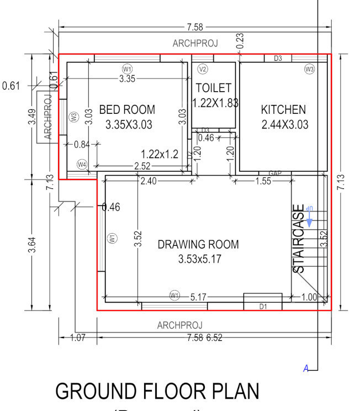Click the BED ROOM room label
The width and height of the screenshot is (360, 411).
127,110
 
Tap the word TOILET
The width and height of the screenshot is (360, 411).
213,88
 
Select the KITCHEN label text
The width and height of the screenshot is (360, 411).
283,110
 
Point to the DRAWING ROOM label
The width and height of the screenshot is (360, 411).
198,245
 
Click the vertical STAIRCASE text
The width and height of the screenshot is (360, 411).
298,239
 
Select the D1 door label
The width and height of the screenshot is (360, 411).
263,305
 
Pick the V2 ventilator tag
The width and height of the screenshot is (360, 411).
202,69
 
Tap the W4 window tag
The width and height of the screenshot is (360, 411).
82,165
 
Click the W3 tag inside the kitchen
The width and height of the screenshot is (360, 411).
309,69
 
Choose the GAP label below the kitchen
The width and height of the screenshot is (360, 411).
276,173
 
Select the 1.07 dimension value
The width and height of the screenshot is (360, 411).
78,338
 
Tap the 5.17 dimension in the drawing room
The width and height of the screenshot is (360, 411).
198,297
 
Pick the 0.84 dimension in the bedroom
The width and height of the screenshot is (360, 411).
82,145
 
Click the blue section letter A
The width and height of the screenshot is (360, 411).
305,368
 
